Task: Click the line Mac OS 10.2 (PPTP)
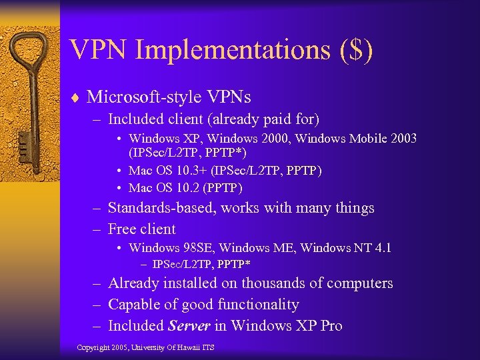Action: tap(186, 187)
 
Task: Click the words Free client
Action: tap(141, 229)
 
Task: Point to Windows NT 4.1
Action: tap(346, 248)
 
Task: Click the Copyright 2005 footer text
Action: tap(145, 348)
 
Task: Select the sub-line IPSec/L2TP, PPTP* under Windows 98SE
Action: tap(201, 265)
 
